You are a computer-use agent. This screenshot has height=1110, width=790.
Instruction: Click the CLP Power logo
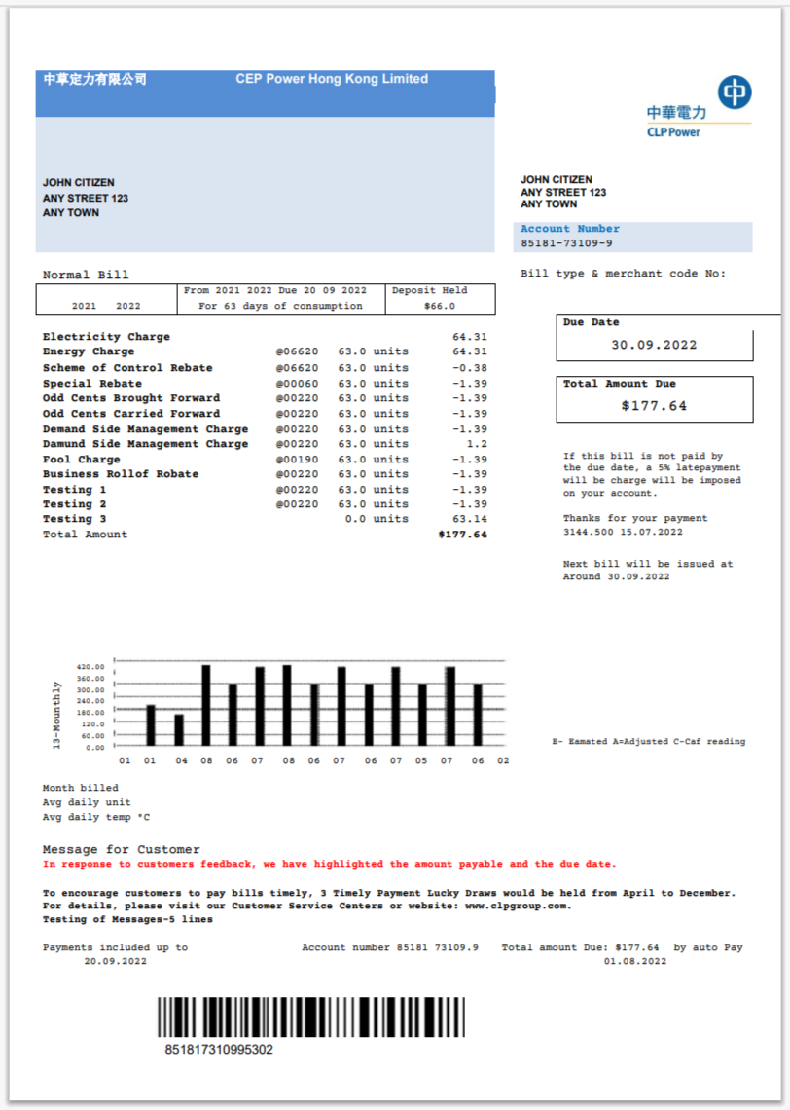click(699, 106)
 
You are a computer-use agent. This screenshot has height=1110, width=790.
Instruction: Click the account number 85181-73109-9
click(566, 243)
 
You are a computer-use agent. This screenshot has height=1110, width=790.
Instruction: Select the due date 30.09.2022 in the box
click(654, 345)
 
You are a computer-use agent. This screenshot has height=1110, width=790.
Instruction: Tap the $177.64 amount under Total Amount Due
click(654, 406)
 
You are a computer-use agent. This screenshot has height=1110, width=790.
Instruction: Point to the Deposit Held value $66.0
click(440, 306)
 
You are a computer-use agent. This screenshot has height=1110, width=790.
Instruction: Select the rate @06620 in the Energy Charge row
click(297, 351)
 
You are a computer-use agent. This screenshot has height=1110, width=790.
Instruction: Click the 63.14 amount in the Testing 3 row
click(469, 520)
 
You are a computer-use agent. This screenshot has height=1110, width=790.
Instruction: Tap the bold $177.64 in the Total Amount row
click(462, 535)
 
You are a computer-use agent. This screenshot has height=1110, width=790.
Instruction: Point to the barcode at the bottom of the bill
click(311, 1017)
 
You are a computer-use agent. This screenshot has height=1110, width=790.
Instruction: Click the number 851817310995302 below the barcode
click(219, 1050)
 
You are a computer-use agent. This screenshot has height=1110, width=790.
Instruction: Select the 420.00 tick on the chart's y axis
click(90, 667)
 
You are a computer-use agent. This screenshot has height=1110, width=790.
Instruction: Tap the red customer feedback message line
click(329, 865)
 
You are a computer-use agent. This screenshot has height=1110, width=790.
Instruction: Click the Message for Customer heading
click(122, 850)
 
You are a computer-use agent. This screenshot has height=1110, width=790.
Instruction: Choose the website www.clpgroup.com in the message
click(503, 906)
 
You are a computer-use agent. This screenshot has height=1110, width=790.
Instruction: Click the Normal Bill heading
click(86, 276)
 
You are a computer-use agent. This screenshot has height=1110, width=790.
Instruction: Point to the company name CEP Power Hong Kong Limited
click(332, 79)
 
